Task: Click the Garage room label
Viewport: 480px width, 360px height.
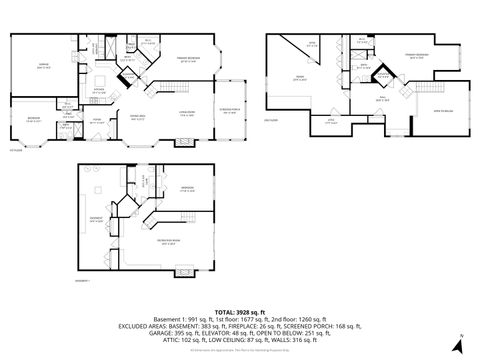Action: pyautogui.click(x=42, y=65)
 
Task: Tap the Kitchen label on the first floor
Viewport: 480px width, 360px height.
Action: pyautogui.click(x=100, y=89)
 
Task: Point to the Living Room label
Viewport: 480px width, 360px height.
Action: pyautogui.click(x=184, y=114)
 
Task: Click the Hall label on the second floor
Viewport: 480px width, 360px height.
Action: pyautogui.click(x=381, y=100)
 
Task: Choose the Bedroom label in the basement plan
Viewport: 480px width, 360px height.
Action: pyautogui.click(x=186, y=188)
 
